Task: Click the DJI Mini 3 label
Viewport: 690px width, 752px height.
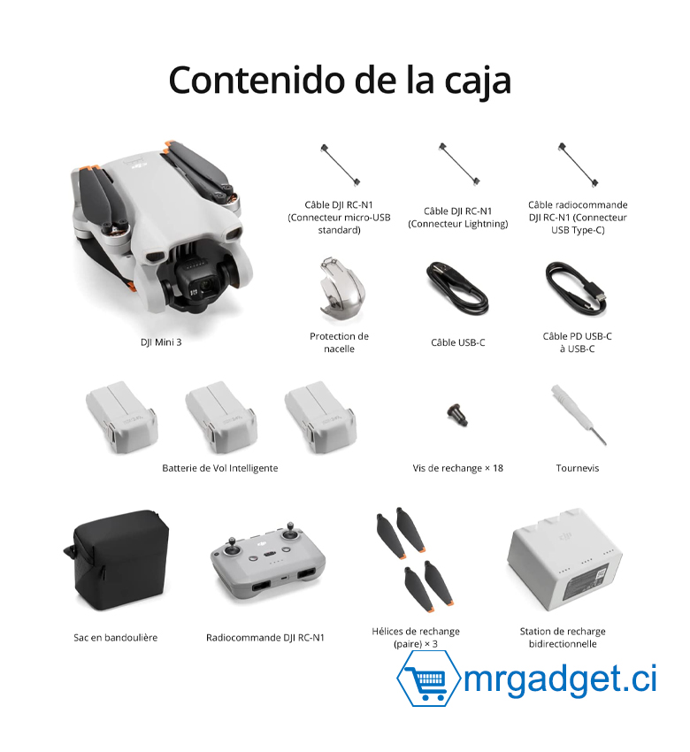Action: [x=161, y=342]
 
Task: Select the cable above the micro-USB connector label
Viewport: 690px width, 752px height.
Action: [x=340, y=165]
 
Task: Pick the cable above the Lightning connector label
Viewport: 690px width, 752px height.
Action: [x=459, y=164]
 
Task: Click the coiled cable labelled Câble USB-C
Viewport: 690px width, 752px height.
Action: [x=457, y=288]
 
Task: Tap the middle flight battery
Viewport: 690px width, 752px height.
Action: [x=221, y=418]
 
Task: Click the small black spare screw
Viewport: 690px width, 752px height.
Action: [x=457, y=415]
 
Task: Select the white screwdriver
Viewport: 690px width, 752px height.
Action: [x=579, y=415]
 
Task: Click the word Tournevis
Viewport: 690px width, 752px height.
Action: [x=578, y=468]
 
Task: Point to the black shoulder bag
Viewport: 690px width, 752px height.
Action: [x=118, y=560]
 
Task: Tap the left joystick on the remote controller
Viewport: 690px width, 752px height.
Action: [x=231, y=548]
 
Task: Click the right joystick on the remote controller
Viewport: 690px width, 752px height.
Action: [x=289, y=532]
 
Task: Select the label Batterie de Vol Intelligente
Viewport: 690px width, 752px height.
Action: [x=220, y=468]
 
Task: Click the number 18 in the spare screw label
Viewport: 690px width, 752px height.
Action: [x=498, y=468]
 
